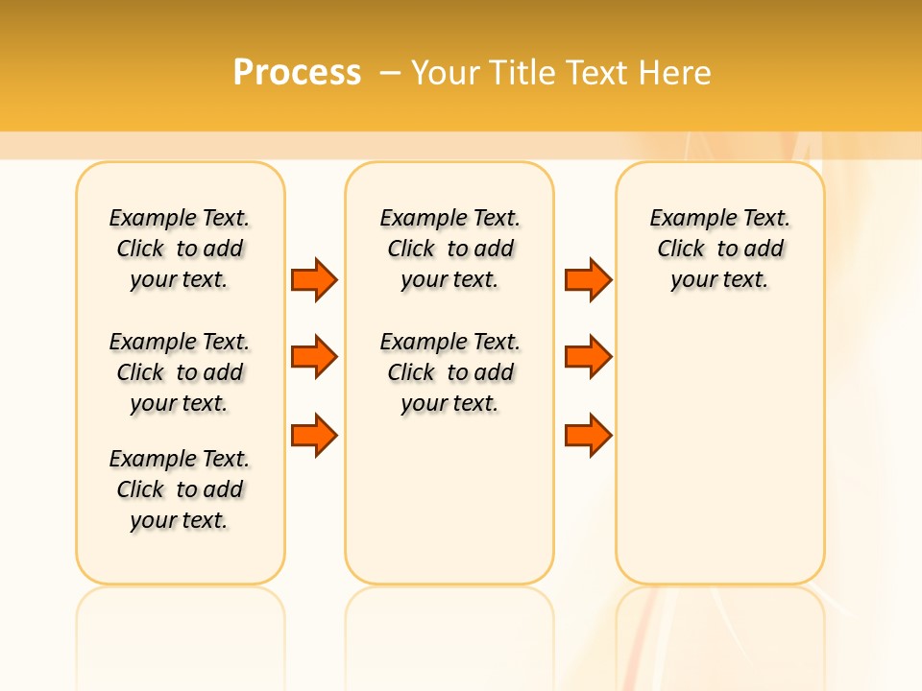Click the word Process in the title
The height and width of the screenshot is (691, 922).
[x=297, y=72]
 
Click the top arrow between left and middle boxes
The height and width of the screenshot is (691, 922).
[x=314, y=279]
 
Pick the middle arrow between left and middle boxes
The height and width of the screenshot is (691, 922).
[x=314, y=357]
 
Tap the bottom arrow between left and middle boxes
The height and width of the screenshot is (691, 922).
[x=314, y=436]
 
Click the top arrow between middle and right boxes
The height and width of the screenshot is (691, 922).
[x=588, y=279]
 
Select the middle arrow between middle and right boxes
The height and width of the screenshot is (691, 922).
[x=588, y=357]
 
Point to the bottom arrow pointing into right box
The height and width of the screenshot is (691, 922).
[x=588, y=436]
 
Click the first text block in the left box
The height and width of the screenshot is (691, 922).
[x=180, y=249]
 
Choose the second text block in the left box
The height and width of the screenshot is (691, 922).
[x=180, y=372]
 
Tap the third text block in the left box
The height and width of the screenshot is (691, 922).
[x=180, y=489]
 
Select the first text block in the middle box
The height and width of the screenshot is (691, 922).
[x=449, y=249]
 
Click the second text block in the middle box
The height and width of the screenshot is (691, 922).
[x=449, y=372]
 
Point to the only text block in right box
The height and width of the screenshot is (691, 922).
[x=719, y=249]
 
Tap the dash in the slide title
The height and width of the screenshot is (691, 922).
[x=390, y=72]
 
